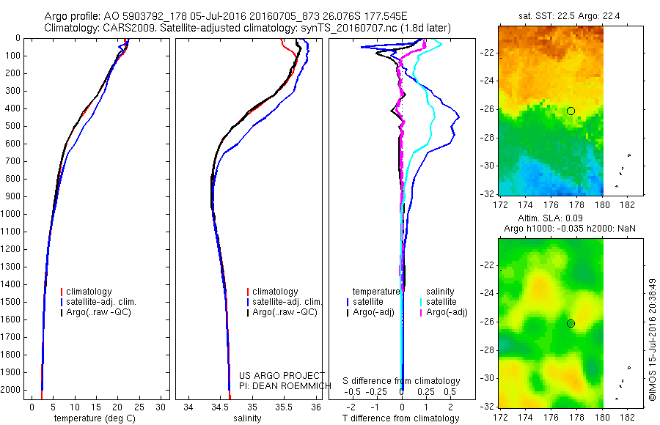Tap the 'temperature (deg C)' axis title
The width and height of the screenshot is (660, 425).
point(95,418)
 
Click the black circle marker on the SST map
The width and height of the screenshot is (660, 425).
point(571,111)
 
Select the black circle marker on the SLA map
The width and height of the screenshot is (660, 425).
point(571,323)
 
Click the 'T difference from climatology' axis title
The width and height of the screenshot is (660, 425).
point(401,418)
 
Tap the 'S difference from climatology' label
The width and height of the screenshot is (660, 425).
point(402,381)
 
